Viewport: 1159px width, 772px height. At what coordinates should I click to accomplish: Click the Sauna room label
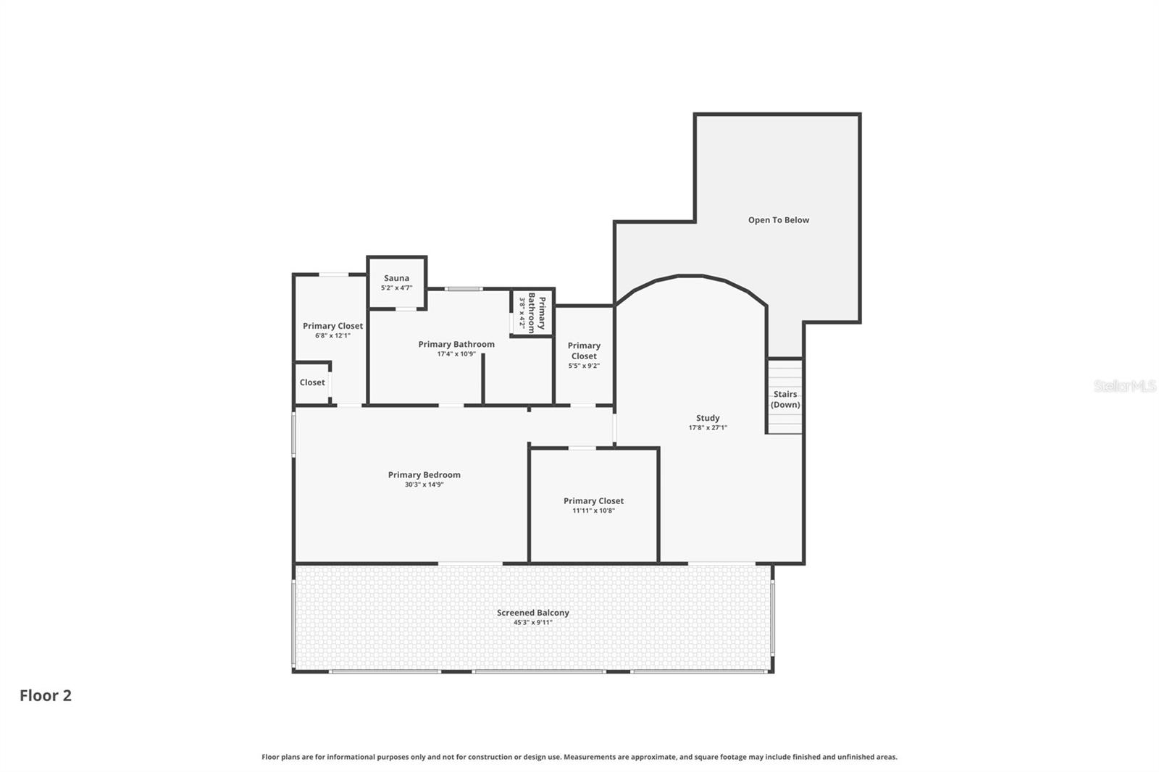(396, 278)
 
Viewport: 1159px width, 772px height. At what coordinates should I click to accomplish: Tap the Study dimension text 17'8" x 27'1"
(708, 428)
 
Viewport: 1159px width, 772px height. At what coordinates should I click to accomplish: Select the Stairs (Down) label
(785, 400)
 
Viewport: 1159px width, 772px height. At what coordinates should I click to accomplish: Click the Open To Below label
(779, 220)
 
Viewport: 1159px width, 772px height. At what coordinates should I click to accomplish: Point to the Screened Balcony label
(533, 613)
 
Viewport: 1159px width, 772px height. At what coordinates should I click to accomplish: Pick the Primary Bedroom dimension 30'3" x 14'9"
(424, 484)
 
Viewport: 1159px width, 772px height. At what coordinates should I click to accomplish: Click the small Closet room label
(312, 382)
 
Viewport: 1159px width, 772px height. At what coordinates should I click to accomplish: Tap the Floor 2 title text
(46, 695)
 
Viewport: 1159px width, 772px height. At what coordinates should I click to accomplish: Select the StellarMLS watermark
(1124, 386)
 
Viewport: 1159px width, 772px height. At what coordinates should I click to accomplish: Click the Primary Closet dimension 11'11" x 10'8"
(593, 511)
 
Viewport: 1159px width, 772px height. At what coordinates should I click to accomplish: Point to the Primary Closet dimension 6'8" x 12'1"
(332, 335)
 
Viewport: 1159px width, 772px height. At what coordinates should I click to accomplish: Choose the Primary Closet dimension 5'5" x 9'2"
(584, 366)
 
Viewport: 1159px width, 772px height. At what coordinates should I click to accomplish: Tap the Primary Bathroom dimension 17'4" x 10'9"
(456, 354)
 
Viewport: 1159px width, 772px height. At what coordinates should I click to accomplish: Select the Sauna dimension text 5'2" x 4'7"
(396, 288)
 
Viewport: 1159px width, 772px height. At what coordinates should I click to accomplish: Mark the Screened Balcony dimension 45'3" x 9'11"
(533, 623)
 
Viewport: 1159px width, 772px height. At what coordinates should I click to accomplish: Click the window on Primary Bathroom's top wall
(464, 289)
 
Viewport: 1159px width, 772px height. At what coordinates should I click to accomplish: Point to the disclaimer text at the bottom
(579, 757)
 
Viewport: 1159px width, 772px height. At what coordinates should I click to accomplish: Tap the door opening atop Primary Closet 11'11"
(582, 448)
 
